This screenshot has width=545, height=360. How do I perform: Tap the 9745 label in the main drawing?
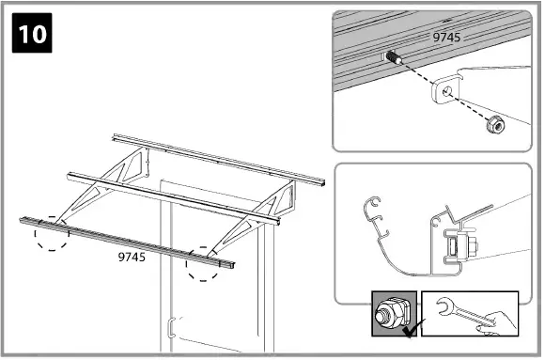pyautogui.click(x=132, y=256)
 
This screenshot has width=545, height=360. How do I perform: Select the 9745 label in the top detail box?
pyautogui.click(x=448, y=37)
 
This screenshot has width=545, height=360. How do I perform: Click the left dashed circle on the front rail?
pyautogui.click(x=52, y=232)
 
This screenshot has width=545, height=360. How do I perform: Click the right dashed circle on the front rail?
pyautogui.click(x=204, y=263)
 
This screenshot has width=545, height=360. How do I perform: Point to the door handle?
pyautogui.click(x=170, y=330)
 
